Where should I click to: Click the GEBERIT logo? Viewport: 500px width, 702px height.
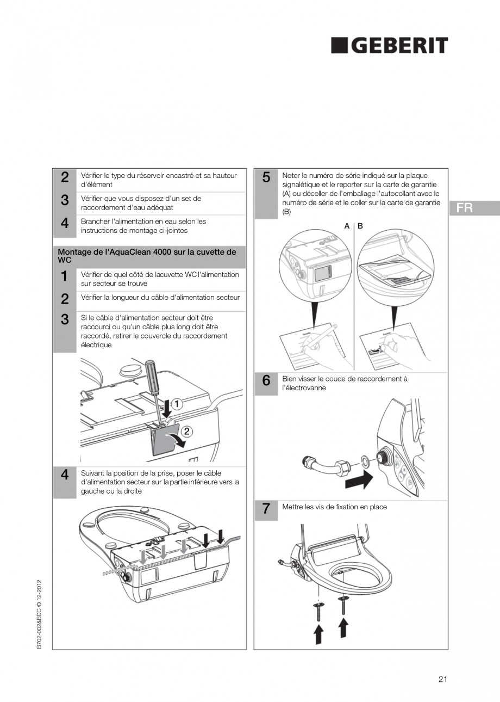pyautogui.click(x=390, y=46)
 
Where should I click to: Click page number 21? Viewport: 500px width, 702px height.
pyautogui.click(x=442, y=679)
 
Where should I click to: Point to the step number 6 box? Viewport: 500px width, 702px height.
pyautogui.click(x=266, y=381)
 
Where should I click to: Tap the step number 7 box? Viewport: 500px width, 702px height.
pyautogui.click(x=266, y=509)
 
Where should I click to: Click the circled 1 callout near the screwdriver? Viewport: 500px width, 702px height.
pyautogui.click(x=177, y=404)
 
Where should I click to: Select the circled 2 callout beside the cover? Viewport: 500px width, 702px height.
pyautogui.click(x=186, y=432)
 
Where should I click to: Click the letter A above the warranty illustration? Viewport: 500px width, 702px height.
pyautogui.click(x=347, y=226)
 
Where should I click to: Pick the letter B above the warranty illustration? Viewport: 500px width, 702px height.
pyautogui.click(x=360, y=226)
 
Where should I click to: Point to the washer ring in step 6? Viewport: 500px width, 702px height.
pyautogui.click(x=367, y=463)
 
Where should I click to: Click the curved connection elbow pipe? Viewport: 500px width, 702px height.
pyautogui.click(x=321, y=465)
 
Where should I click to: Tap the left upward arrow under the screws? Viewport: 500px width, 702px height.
pyautogui.click(x=318, y=634)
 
